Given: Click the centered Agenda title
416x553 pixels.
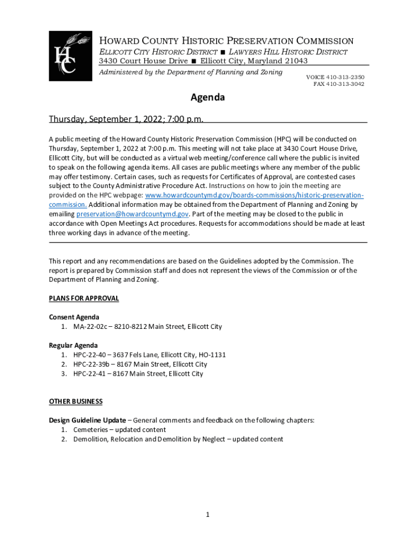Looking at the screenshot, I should tap(207, 98).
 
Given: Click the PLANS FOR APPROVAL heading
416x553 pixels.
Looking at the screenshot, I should tap(84, 299).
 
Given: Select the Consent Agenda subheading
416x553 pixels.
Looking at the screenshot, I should tap(74, 317).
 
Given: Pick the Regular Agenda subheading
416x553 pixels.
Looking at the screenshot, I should tap(73, 345).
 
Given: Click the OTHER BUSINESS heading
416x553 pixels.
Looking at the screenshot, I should tap(76, 402).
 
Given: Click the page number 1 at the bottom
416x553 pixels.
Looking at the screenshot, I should tap(207, 515).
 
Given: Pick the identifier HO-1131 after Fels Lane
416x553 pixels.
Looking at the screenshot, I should tap(212, 355).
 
